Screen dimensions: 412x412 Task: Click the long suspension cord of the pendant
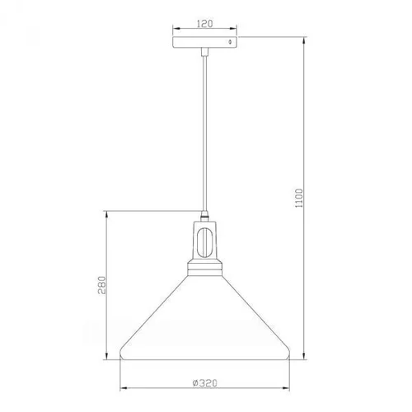[x=204, y=132]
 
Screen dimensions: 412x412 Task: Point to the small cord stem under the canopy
[x=204, y=53]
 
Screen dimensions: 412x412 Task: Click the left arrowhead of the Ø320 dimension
[x=121, y=389]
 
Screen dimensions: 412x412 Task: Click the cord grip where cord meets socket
[x=204, y=217]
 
